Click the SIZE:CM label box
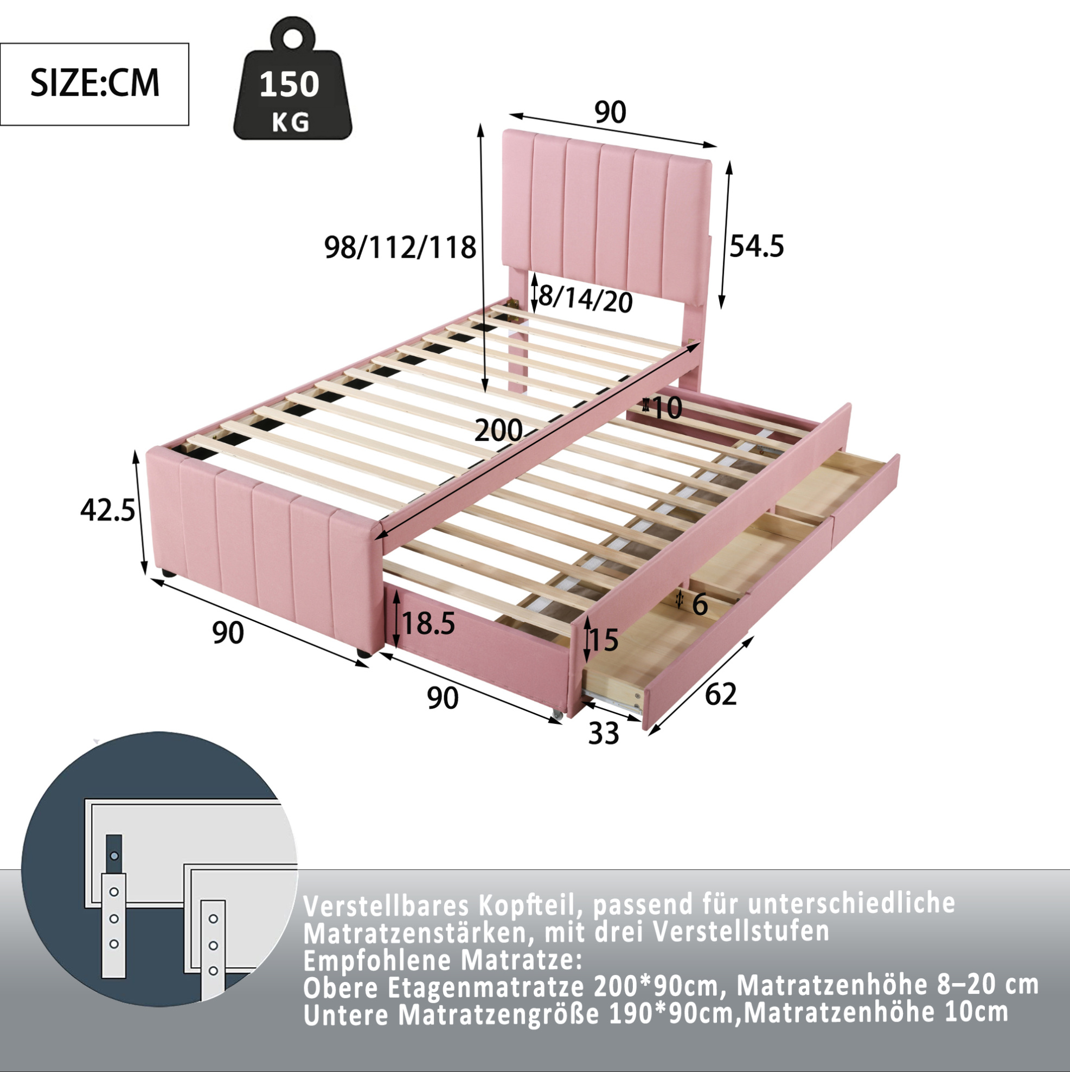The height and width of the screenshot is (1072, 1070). [x=94, y=85]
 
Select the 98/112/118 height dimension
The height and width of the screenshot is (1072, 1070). [x=400, y=247]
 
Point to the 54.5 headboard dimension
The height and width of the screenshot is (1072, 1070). [x=757, y=246]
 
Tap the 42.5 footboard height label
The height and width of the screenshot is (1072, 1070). [x=108, y=510]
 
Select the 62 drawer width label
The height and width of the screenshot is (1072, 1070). [x=720, y=694]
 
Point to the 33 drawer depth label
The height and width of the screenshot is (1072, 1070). [x=603, y=734]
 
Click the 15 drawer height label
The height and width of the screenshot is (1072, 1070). [x=604, y=640]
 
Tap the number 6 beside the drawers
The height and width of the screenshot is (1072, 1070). [x=700, y=604]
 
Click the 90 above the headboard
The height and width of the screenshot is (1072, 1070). [x=610, y=112]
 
